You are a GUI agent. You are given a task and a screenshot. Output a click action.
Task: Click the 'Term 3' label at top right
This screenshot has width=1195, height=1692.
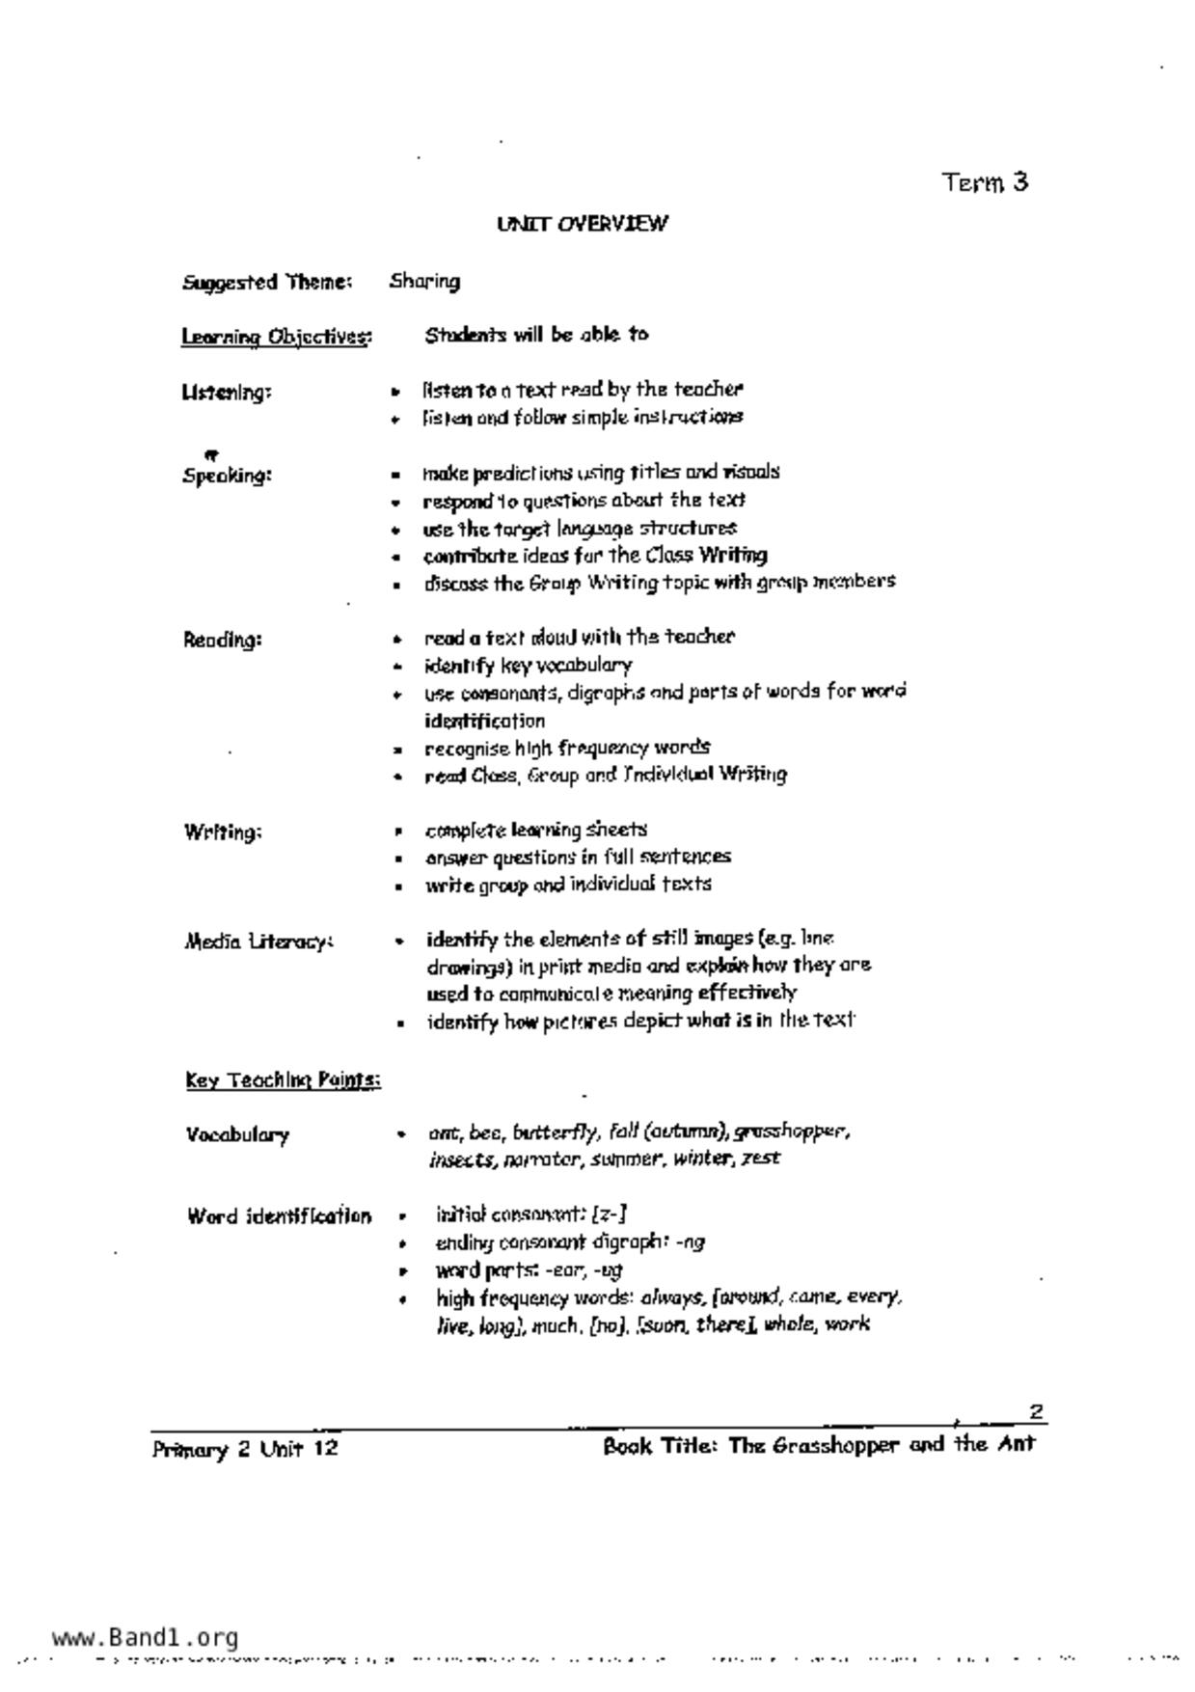pyautogui.click(x=985, y=182)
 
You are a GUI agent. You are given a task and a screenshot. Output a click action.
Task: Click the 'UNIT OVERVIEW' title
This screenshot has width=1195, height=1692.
pyautogui.click(x=582, y=225)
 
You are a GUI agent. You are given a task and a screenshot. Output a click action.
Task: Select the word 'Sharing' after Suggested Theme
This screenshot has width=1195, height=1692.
pyautogui.click(x=424, y=282)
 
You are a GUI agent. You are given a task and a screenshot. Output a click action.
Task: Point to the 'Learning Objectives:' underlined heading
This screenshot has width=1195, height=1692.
pyautogui.click(x=276, y=337)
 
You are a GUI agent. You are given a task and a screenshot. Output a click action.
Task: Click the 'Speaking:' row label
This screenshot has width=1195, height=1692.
pyautogui.click(x=227, y=476)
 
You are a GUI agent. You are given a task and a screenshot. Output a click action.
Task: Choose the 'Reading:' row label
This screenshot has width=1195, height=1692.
pyautogui.click(x=222, y=640)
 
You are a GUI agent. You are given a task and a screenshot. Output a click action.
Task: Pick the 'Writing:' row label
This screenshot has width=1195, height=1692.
pyautogui.click(x=222, y=832)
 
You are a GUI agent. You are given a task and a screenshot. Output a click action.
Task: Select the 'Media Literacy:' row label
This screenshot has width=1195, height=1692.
pyautogui.click(x=258, y=942)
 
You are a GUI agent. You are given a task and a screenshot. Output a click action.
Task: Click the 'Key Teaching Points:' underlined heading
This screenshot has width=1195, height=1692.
pyautogui.click(x=283, y=1080)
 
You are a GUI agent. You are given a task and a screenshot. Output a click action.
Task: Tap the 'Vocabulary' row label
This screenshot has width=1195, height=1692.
pyautogui.click(x=237, y=1135)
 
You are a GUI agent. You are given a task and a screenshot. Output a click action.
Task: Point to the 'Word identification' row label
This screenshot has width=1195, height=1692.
pyautogui.click(x=279, y=1216)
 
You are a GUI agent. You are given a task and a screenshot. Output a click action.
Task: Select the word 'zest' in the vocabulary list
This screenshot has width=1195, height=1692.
pyautogui.click(x=760, y=1159)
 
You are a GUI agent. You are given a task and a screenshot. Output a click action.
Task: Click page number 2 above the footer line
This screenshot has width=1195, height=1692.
pyautogui.click(x=1036, y=1411)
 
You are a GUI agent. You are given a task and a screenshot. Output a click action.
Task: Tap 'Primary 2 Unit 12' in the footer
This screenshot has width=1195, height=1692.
pyautogui.click(x=245, y=1449)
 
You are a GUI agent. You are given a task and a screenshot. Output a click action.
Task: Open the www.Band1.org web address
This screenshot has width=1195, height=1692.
pyautogui.click(x=145, y=1637)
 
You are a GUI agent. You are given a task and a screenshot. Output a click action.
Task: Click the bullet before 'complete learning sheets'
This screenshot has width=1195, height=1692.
pyautogui.click(x=396, y=831)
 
